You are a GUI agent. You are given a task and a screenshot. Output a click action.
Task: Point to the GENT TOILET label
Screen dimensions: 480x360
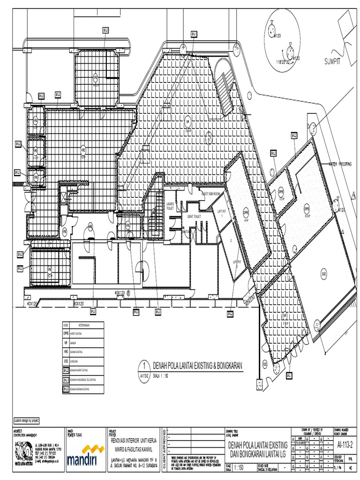pyautogui.click(x=194, y=217)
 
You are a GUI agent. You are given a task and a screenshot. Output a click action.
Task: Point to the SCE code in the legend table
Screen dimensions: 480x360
pyautogui.click(x=66, y=361)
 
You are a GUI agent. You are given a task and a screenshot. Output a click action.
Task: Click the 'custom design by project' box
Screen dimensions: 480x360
pyautogui.click(x=27, y=420)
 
